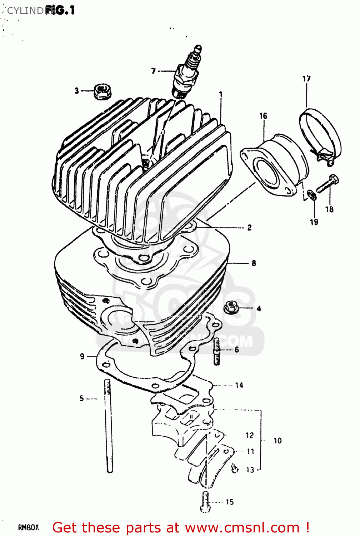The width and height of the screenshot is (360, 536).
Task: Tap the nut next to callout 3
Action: [x=102, y=91]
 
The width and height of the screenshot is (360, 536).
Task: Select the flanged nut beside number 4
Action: [x=231, y=308]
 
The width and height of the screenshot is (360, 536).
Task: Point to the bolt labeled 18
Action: [x=327, y=184]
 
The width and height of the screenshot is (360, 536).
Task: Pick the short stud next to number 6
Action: [x=217, y=352]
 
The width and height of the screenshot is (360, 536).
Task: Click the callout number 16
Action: [x=263, y=116]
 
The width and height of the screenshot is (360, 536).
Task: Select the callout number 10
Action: [x=277, y=441]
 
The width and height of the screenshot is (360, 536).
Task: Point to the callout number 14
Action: [x=239, y=385]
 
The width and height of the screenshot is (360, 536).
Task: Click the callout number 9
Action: [x=82, y=356]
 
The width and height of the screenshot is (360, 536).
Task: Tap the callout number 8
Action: [x=254, y=263]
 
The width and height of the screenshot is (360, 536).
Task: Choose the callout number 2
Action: [x=249, y=228]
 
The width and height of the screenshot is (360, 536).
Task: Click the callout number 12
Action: [x=249, y=435]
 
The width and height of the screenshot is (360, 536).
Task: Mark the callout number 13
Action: [x=250, y=470]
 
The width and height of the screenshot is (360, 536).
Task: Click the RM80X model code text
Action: [x=28, y=527]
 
